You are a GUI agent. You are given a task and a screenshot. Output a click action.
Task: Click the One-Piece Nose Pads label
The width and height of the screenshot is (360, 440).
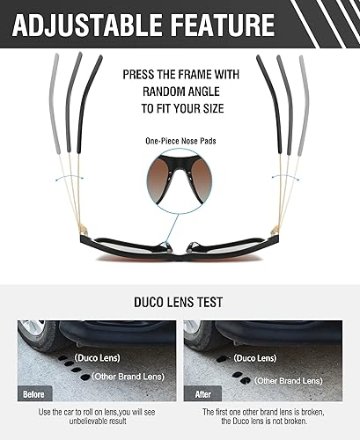coord(180,141)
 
